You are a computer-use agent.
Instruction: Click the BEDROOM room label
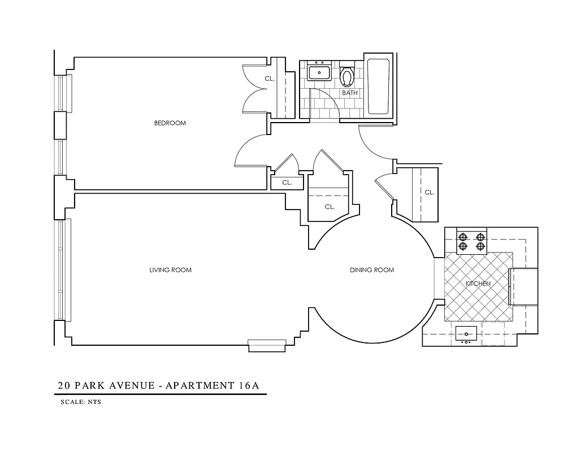click(170, 123)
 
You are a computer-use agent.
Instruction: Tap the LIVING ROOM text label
click(170, 270)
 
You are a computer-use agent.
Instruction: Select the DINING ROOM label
click(371, 270)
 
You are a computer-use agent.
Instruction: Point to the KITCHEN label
click(478, 283)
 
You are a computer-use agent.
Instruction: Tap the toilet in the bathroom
click(347, 76)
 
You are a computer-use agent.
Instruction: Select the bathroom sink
click(320, 72)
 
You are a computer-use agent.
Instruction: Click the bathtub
click(378, 86)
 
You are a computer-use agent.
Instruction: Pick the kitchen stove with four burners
click(471, 241)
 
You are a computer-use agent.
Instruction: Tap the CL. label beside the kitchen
click(429, 193)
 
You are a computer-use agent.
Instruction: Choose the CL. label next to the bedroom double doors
click(269, 79)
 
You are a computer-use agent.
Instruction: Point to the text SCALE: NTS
click(80, 403)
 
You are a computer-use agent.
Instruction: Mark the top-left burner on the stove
click(463, 237)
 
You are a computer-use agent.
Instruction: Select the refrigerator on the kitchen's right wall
click(523, 287)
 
